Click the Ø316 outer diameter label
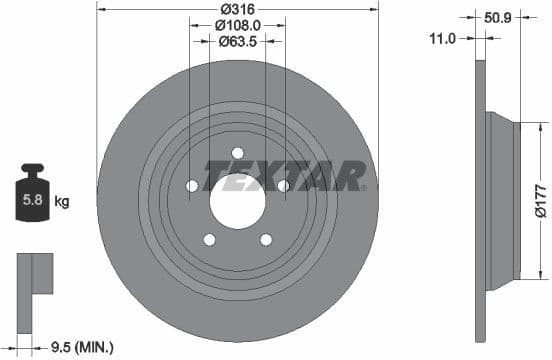237,10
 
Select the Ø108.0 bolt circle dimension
237,26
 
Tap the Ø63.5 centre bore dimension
237,42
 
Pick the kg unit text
62,202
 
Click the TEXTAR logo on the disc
283,176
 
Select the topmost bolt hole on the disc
237,153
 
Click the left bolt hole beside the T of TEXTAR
192,185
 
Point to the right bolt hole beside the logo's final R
283,185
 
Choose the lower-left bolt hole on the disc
209,239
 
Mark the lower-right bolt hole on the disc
265,239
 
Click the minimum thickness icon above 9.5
32,275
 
